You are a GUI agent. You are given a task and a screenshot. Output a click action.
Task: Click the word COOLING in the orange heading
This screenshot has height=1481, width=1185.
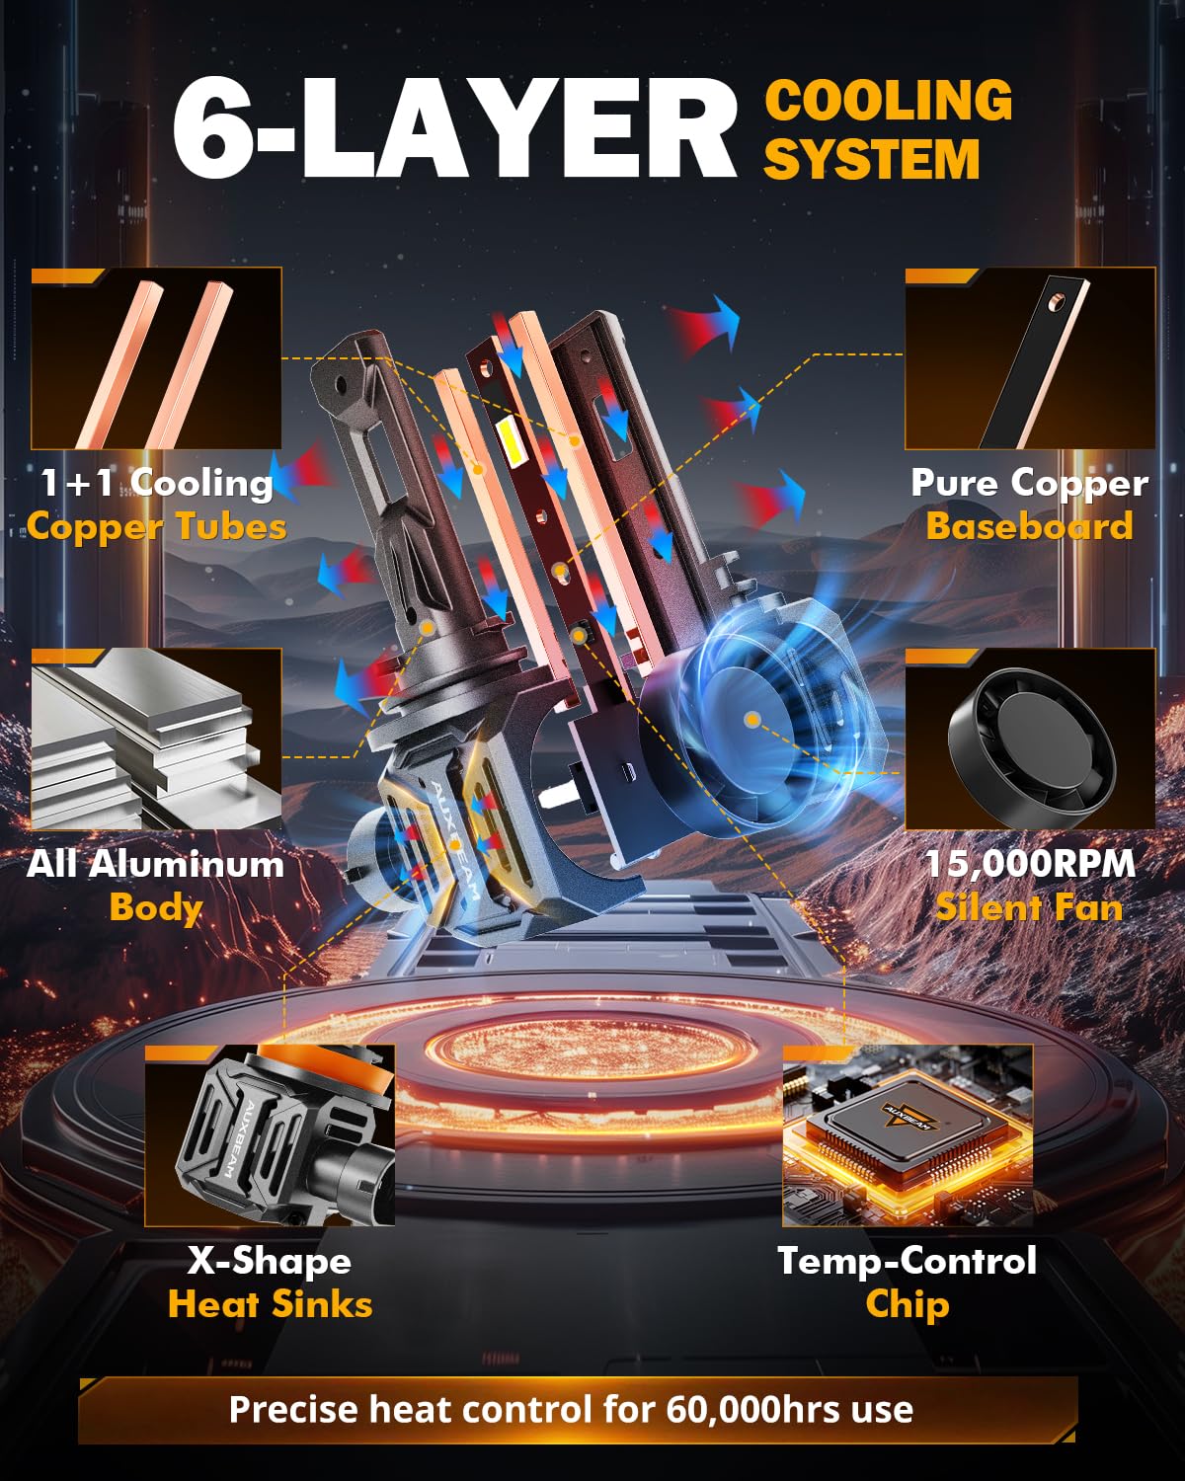[888, 100]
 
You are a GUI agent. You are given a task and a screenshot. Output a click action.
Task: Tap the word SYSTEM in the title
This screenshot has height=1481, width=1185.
[872, 159]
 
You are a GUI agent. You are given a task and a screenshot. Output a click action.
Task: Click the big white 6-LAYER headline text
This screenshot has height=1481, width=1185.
[454, 127]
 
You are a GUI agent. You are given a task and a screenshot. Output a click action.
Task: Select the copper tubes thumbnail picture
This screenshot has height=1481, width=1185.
[156, 358]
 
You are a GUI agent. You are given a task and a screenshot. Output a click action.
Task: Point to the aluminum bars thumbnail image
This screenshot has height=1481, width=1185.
[156, 739]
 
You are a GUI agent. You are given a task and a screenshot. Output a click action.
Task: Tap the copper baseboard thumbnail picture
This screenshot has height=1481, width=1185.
[1030, 358]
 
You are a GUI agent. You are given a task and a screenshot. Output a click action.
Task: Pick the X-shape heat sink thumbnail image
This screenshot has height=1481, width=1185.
[270, 1134]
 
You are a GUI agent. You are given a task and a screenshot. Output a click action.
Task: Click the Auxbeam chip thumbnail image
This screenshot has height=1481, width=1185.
[908, 1134]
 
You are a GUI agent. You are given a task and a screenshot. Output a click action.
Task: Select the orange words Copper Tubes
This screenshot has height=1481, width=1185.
[157, 527]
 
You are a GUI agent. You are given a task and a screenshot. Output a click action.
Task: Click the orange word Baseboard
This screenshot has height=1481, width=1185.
[1029, 526]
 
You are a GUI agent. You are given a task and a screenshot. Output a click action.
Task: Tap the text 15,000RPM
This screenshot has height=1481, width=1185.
[1030, 863]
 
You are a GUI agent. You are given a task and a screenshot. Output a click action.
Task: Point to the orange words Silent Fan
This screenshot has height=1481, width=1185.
[1029, 907]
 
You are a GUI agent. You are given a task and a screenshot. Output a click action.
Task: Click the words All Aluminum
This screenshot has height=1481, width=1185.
[156, 864]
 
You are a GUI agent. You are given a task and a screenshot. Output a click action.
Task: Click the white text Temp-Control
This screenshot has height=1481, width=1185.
[907, 1260]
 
